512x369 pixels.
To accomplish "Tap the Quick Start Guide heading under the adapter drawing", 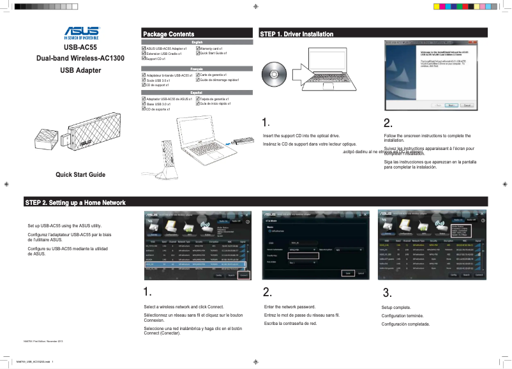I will pos(80,174).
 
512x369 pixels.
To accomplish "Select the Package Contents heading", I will pos(169,34).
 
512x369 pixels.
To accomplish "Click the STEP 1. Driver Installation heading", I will pos(297,34).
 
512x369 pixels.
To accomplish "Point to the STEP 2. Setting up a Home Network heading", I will pos(75,202).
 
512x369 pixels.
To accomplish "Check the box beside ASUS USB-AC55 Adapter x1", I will pos(143,49).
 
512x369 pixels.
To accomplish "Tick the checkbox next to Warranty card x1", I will pos(197,49).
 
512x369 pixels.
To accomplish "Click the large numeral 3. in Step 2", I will pos(386,293).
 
